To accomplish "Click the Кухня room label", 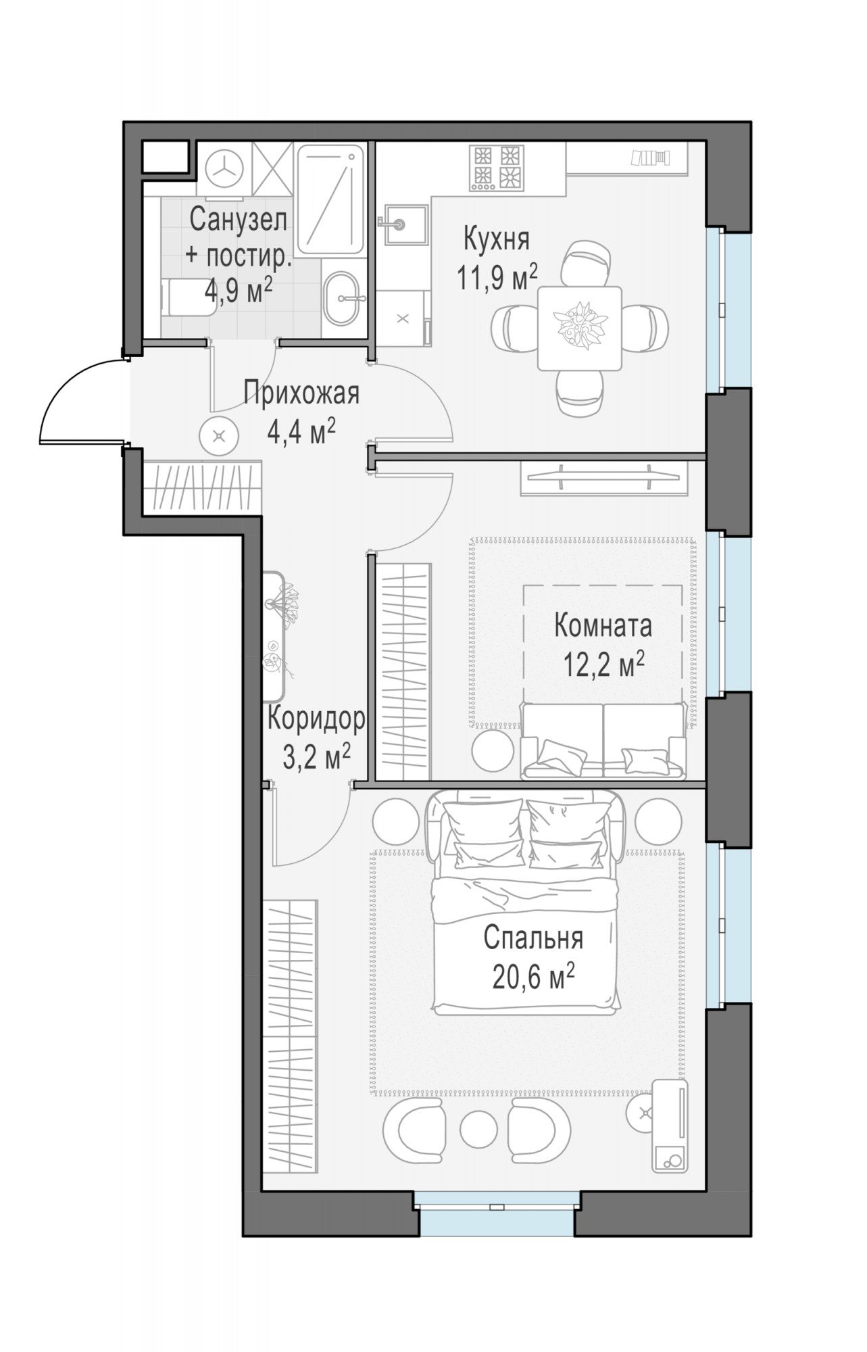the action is point(497,239).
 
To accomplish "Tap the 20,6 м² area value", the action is point(533,976).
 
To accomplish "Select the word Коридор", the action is point(316,719).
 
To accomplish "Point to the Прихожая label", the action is point(301,393).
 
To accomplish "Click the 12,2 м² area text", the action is point(603,665).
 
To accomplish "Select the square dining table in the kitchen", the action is point(580,329).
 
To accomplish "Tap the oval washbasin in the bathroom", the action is point(345,298).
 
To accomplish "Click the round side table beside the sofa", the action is point(492,749).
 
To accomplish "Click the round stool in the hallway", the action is point(219,436).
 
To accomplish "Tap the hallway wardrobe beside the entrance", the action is point(202,487).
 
